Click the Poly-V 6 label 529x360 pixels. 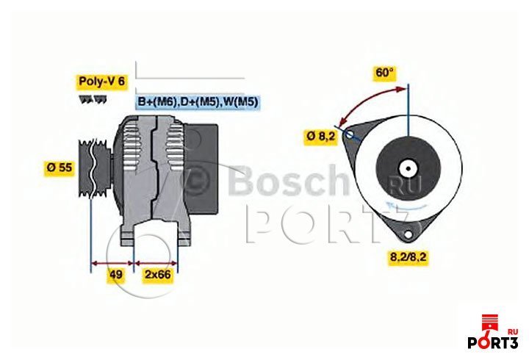[101, 82]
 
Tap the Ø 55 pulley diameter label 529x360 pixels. [60, 168]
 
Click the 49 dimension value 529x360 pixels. [116, 274]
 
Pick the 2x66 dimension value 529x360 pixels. [157, 274]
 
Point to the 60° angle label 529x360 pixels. [384, 73]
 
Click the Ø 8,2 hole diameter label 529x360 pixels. [321, 137]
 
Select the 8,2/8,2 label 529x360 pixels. [409, 257]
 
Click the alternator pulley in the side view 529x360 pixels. [94, 168]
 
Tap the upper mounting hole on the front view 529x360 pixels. [350, 134]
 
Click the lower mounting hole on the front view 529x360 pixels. [409, 234]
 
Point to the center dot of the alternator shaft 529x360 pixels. [409, 168]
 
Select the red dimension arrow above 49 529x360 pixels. [112, 263]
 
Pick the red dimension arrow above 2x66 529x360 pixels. [156, 263]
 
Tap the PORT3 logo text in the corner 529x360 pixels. [492, 342]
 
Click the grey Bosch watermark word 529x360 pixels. [289, 181]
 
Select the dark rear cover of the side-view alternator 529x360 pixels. [203, 169]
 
